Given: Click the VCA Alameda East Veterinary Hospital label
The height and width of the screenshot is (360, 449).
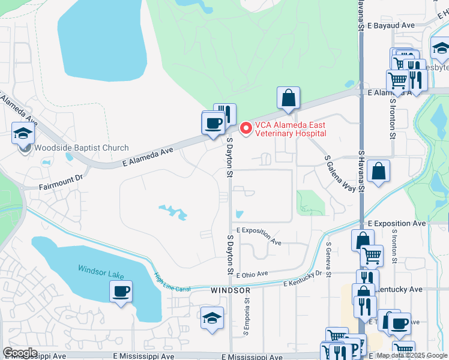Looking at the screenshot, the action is (x=291, y=129).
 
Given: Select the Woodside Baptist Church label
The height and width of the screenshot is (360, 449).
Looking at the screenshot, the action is (x=81, y=148).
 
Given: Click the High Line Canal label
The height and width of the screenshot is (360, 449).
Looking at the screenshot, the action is (x=172, y=283).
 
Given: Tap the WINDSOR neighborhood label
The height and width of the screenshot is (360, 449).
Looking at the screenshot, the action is (x=231, y=290).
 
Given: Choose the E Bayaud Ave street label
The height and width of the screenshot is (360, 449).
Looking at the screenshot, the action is (x=391, y=26).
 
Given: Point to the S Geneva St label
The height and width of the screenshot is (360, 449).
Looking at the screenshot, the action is (x=328, y=254).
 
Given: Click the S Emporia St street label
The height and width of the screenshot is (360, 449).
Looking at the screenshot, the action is (x=246, y=319).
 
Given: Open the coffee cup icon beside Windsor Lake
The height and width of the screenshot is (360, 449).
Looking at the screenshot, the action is (x=121, y=292).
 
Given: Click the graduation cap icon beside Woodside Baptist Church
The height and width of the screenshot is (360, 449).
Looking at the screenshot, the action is (x=23, y=133).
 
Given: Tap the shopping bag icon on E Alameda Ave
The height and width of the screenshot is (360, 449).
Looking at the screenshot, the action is (x=288, y=97).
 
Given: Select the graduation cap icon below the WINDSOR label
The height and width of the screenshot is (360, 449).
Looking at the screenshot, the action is (x=212, y=317).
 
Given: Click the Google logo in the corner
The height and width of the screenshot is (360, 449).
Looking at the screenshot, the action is (x=20, y=353).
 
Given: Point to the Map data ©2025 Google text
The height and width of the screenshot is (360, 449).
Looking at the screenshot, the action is (x=411, y=355).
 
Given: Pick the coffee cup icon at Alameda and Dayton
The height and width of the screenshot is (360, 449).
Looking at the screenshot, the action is (x=213, y=123).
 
